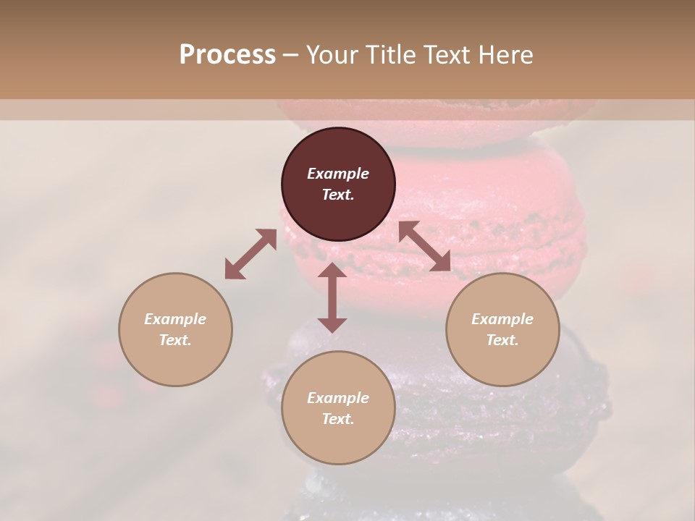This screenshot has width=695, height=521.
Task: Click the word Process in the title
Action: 227,55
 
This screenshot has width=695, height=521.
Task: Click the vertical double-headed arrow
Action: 332,298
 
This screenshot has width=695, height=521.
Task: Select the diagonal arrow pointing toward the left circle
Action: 250,254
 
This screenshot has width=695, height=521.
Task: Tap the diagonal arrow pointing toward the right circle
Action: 424,246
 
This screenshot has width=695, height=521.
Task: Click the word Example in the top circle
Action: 338,174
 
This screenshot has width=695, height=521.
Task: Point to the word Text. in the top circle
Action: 338,195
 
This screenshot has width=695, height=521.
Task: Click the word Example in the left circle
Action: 175,319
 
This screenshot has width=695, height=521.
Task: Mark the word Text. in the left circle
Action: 175,340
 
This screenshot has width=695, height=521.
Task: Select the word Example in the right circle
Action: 502,319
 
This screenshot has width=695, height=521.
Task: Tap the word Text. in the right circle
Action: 502,340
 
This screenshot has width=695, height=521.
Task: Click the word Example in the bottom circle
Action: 338,398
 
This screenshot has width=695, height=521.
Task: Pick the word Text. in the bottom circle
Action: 338,419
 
